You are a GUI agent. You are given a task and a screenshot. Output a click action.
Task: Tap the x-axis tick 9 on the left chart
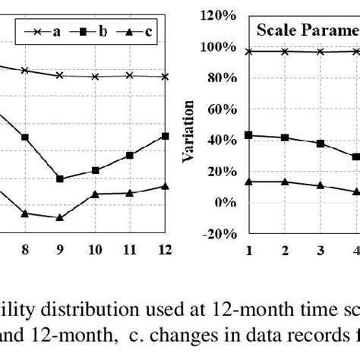[60, 248]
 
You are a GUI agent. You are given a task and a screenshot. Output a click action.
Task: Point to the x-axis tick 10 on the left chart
[95, 248]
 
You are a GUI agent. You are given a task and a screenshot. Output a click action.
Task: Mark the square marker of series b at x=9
[60, 179]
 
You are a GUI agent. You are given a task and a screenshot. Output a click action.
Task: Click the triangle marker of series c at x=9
[60, 217]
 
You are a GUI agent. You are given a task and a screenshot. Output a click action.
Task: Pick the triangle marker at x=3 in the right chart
[320, 185]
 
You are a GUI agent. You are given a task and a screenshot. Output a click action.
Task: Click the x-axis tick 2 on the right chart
[284, 248]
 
